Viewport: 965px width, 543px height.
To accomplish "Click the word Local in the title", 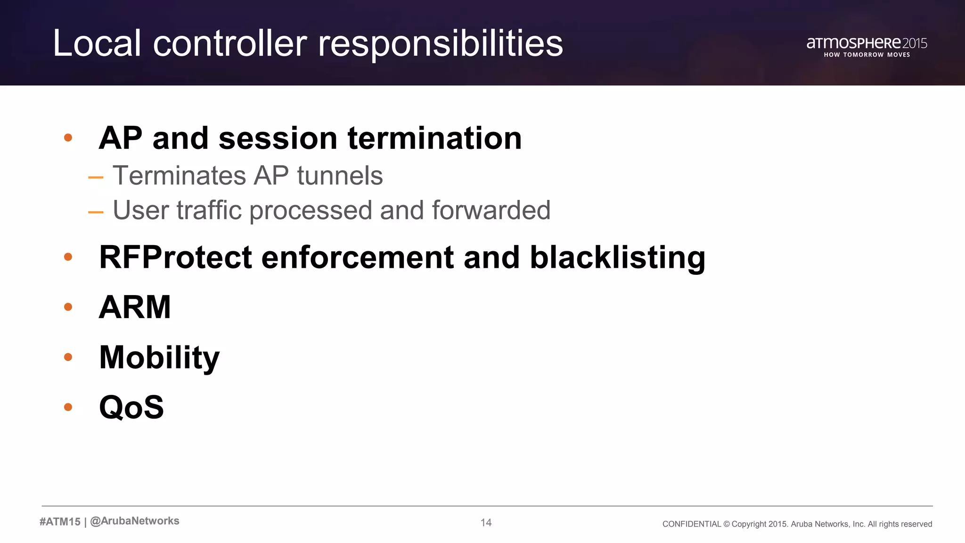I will coord(97,43).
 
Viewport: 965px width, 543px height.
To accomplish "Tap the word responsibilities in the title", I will coord(440,43).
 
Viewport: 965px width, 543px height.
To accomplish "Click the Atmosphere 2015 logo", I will coord(867,43).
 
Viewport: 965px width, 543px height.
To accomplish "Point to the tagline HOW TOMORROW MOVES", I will coord(867,55).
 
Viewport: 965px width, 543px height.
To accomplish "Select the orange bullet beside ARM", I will coord(68,307).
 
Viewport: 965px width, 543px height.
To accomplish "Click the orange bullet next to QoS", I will coord(68,407).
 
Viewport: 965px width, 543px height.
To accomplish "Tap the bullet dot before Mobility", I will coord(68,357).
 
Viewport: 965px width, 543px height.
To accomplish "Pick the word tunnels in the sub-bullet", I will coord(340,176).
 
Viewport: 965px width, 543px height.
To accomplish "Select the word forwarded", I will coord(491,210).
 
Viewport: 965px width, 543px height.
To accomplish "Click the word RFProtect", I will coord(176,257).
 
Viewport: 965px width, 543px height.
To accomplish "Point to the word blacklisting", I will coord(617,257).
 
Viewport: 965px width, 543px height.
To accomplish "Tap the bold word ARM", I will coord(135,307).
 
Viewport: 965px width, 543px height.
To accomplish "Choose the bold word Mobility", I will coord(159,357).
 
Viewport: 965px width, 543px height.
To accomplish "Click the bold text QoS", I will coord(131,407).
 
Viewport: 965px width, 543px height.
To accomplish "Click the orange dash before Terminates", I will coord(96,178).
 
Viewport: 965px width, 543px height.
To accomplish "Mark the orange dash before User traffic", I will coord(96,212).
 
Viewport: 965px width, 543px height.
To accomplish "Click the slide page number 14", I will coord(486,522).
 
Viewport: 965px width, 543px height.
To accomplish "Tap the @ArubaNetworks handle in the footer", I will coord(135,521).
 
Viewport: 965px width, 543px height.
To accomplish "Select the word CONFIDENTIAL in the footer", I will coord(691,524).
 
